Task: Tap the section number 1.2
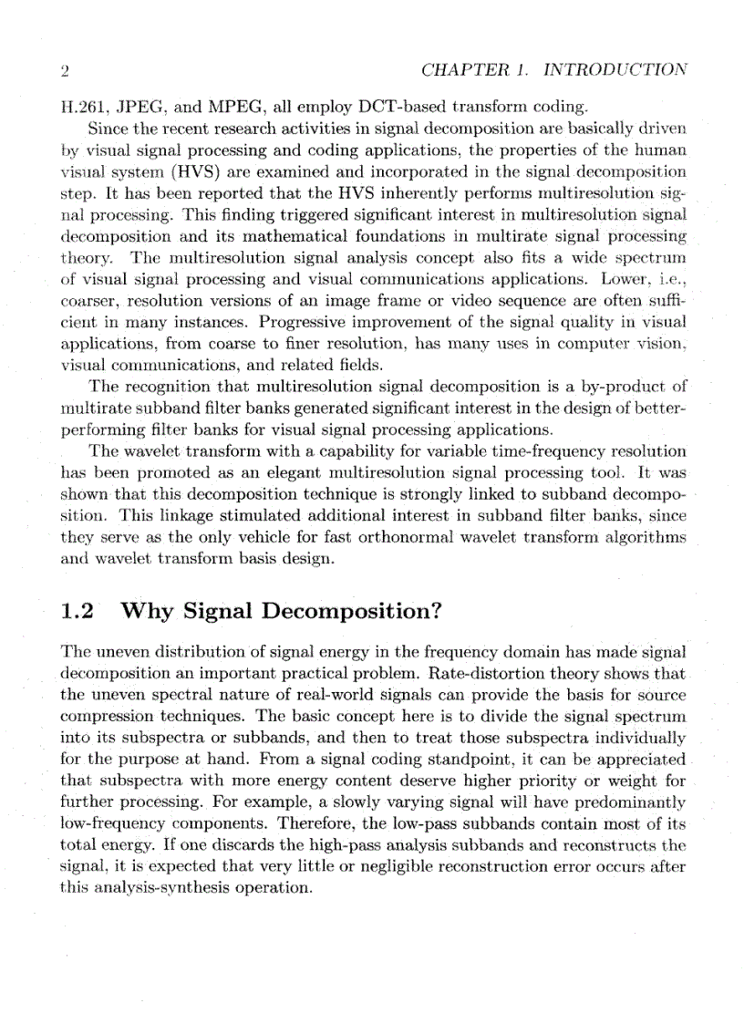pyautogui.click(x=77, y=611)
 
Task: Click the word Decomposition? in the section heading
pyautogui.click(x=351, y=612)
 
